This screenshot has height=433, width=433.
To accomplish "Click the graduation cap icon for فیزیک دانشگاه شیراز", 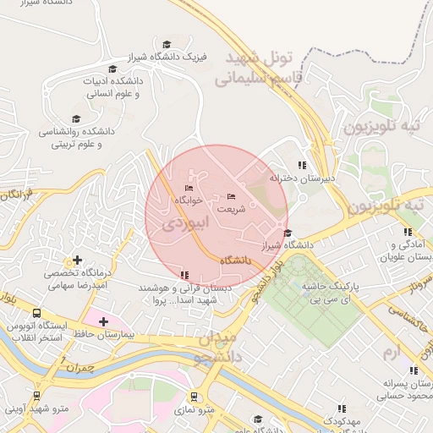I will pos(167,44).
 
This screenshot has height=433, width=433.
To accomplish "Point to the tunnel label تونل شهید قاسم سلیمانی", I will pos(255,69).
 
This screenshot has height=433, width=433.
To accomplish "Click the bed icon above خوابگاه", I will pos(189,188).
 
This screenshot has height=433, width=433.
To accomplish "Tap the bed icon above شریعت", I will pos(232,196).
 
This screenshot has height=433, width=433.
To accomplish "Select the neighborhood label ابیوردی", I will pos(180,225).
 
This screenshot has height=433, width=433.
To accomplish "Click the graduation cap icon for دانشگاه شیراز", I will pos(288,233).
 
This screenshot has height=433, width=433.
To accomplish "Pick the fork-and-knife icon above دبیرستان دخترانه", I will pos(302,166).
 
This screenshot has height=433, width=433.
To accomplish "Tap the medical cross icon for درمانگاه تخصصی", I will pos(78,260).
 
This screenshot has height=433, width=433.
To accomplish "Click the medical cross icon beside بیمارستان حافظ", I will pos(103,321).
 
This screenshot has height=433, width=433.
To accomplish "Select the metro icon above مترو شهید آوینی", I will pos(36,395).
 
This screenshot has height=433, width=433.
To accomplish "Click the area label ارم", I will pos(388,350).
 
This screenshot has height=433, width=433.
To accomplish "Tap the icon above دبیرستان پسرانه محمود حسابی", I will pos(413,370).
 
